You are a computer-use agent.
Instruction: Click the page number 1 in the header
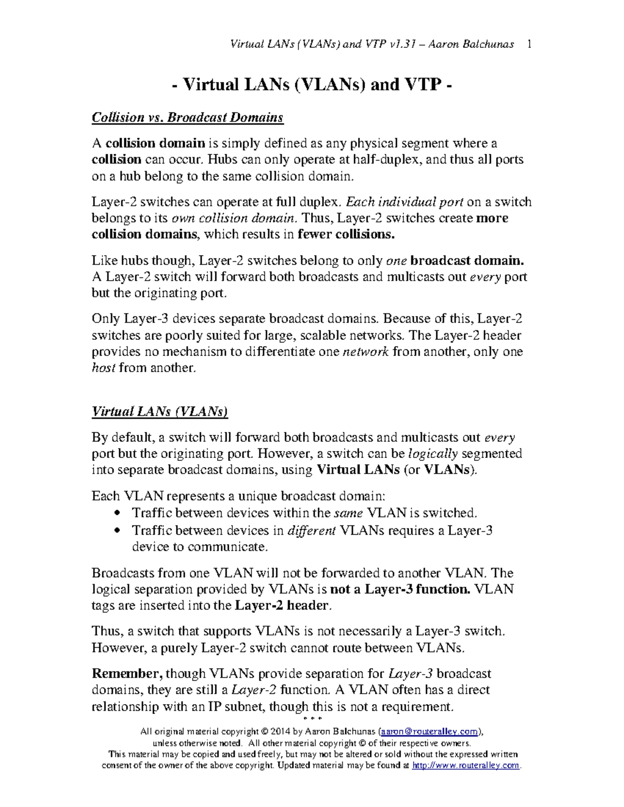[529, 44]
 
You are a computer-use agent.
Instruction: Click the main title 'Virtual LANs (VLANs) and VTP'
[311, 84]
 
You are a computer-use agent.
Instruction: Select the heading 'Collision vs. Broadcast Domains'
[187, 117]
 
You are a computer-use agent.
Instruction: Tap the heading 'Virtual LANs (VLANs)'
[160, 412]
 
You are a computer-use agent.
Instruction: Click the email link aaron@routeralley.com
[430, 732]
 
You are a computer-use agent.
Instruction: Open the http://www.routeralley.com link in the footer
[465, 765]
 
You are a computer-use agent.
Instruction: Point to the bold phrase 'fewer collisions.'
[346, 234]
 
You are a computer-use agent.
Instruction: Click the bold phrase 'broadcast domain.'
[474, 260]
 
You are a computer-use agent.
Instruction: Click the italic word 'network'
[366, 352]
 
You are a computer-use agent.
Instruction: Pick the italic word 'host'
[103, 368]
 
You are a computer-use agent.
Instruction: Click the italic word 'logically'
[433, 454]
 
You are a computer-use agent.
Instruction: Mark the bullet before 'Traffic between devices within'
[117, 513]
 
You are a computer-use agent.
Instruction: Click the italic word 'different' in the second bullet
[311, 531]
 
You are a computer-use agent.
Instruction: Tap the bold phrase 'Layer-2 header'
[282, 605]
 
